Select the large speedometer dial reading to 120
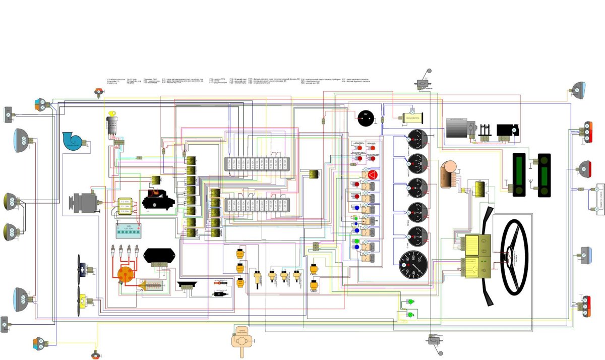413,265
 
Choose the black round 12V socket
365,119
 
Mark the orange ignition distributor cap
124,274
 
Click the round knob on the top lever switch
430,71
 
